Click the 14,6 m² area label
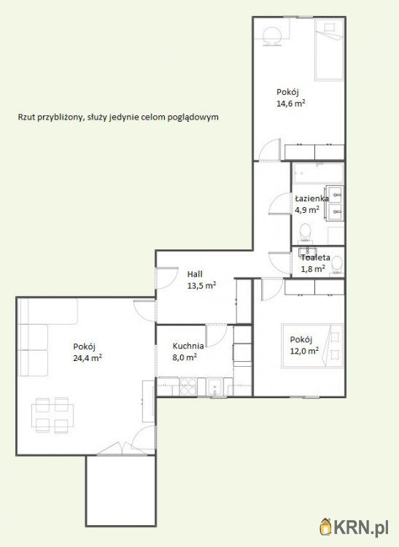click(x=291, y=104)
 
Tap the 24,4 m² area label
click(x=88, y=358)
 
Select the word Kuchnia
click(x=188, y=346)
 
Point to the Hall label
click(x=195, y=274)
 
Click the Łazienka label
click(x=311, y=199)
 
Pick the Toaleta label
click(x=316, y=257)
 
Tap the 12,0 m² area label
click(x=304, y=351)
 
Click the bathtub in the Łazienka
click(x=318, y=173)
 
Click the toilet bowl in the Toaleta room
click(x=337, y=264)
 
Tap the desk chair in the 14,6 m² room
click(x=271, y=36)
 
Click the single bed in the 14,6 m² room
click(x=329, y=49)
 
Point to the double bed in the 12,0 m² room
click(x=312, y=346)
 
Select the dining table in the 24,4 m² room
click(x=53, y=415)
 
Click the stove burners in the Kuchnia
click(x=188, y=387)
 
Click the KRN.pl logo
click(x=354, y=528)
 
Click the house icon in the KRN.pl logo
click(x=326, y=527)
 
